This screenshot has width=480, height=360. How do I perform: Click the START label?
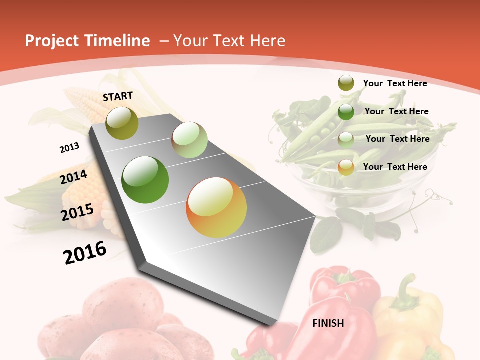pos(118,96)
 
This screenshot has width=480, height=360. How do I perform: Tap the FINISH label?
pos(328,323)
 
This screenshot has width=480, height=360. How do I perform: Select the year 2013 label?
pos(69,148)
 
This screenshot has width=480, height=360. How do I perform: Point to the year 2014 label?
pos(74,177)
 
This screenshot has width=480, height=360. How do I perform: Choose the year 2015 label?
pos(77,212)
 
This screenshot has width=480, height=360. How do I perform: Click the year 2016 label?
pos(85,252)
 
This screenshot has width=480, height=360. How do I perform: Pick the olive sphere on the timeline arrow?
pos(122,123)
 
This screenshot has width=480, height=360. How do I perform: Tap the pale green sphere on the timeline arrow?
pos(189,140)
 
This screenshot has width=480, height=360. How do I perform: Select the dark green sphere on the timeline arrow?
pos(145,180)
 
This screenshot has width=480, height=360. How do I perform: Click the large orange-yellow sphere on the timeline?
pos(216,207)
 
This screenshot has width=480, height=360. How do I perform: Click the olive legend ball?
pos(346,83)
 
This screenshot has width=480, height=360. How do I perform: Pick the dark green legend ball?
pos(346,112)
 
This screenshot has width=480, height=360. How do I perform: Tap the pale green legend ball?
pos(346,140)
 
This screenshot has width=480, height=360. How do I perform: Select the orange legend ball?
pos(346,167)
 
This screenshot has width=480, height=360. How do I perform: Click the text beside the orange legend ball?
pos(395,167)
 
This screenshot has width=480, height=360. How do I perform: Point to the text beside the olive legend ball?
pos(395,83)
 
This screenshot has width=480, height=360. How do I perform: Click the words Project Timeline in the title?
pos(87,41)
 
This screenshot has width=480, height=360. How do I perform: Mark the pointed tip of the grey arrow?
pos(272,324)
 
